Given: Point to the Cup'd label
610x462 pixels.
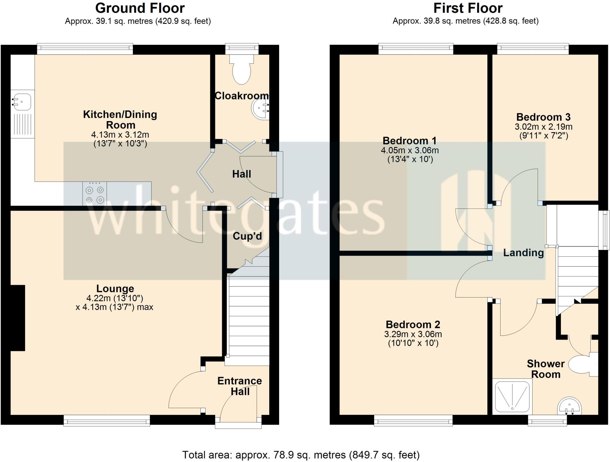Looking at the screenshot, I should tap(247, 236).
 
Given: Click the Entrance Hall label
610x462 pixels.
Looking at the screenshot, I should tap(240, 386).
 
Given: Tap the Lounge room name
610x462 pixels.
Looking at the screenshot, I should tap(115, 288).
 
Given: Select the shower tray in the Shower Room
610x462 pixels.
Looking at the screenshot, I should tap(512, 397).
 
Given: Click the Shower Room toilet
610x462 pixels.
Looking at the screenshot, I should tap(581, 364).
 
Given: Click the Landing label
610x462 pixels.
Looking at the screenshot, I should tap(523, 253).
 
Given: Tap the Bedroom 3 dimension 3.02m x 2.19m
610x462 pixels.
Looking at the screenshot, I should tap(544, 127).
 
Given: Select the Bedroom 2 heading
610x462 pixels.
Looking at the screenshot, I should tap(413, 324).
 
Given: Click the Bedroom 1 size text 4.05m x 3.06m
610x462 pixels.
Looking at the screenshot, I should tap(410, 150).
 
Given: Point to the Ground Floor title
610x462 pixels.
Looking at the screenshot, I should tap(140, 8).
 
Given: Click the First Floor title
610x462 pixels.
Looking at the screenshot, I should tap(468, 8).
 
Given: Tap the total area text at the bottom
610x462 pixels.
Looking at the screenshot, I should tap(301, 455).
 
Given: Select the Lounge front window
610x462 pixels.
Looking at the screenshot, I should tap(107, 421).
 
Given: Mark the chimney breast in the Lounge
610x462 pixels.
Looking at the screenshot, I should tap(18, 318).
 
